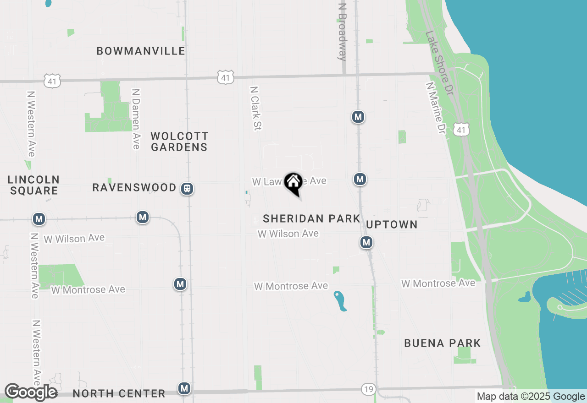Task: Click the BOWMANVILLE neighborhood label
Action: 141,51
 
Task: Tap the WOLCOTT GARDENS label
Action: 179,142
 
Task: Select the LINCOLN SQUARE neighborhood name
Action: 33,185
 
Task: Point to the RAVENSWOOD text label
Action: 134,188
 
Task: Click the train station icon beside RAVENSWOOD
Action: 187,189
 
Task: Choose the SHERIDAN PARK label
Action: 311,219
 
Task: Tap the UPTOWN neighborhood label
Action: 392,224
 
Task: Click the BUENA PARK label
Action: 442,343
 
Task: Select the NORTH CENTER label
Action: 119,393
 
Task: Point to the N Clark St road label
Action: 255,108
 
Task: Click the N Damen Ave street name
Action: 136,119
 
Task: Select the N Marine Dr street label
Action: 436,108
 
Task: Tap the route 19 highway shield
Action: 368,389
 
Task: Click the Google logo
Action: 31,392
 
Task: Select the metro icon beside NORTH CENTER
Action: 184,388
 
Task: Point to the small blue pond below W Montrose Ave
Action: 340,301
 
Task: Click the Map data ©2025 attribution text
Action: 531,397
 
